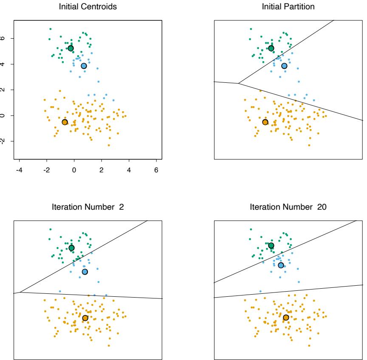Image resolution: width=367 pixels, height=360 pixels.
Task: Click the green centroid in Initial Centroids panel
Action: (71, 48)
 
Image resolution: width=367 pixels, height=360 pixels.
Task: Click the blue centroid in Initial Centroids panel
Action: (84, 66)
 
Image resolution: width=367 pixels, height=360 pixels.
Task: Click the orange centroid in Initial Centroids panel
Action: (65, 122)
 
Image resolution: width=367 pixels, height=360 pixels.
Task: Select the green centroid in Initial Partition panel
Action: (271, 48)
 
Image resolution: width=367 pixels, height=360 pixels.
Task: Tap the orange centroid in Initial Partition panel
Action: (265, 122)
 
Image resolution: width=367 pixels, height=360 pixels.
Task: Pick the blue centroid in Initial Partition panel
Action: (284, 66)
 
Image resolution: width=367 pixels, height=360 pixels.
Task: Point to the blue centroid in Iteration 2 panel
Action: (85, 272)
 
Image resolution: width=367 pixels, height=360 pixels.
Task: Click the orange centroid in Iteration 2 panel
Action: (85, 318)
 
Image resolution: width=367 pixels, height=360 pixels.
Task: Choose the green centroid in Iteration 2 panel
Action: (71, 248)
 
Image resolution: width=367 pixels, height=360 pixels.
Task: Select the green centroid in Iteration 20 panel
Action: (271, 245)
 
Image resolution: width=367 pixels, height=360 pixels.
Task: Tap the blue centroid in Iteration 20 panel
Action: (281, 265)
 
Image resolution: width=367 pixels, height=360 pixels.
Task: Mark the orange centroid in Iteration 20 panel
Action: (286, 318)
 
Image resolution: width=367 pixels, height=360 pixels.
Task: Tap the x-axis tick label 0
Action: (74, 170)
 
